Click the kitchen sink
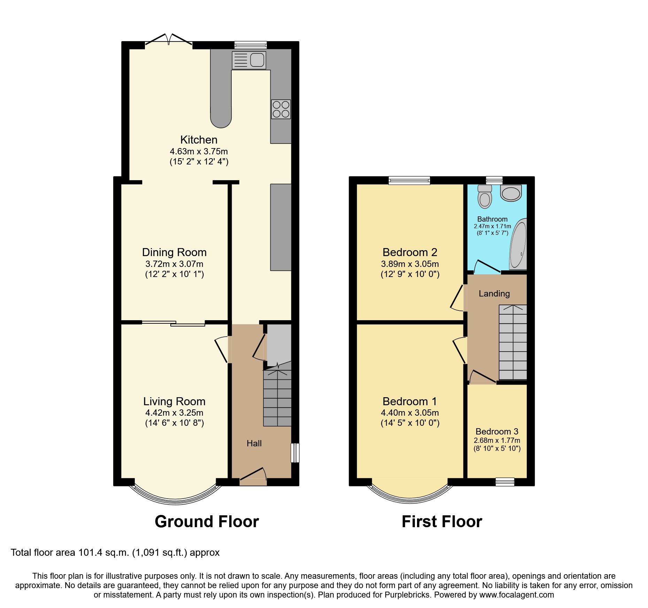pyautogui.click(x=249, y=60)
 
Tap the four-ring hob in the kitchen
pyautogui.click(x=281, y=109)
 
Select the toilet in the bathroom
pyautogui.click(x=485, y=197)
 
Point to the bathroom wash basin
pyautogui.click(x=511, y=193)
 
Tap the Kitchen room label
pyautogui.click(x=199, y=140)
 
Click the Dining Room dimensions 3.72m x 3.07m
pyautogui.click(x=174, y=264)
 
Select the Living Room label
pyautogui.click(x=174, y=401)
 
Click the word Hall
pyautogui.click(x=254, y=444)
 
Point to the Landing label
pyautogui.click(x=494, y=294)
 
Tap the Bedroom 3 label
pyautogui.click(x=497, y=432)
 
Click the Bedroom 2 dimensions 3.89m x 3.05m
pyautogui.click(x=410, y=264)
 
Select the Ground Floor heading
pyautogui.click(x=207, y=522)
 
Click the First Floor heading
pyautogui.click(x=442, y=522)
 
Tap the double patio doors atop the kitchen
pyautogui.click(x=169, y=41)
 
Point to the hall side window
pyautogui.click(x=295, y=453)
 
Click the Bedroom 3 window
pyautogui.click(x=505, y=482)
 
